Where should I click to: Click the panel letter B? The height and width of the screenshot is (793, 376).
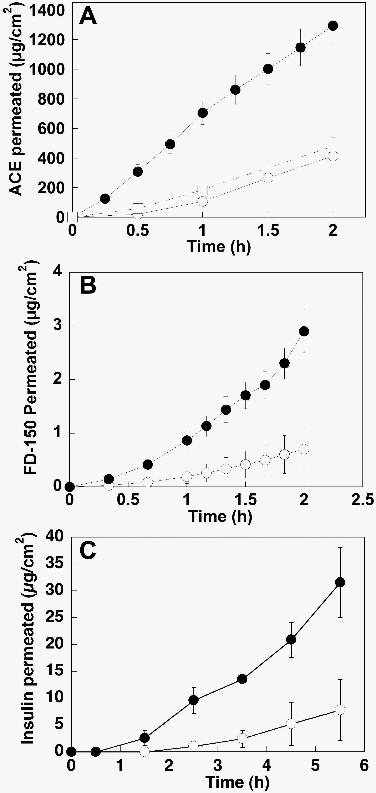point(88,286)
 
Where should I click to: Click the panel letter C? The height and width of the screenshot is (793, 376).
point(88,551)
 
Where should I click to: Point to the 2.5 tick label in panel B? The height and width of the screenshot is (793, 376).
point(362,500)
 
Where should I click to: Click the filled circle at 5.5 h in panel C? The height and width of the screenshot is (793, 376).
point(340,582)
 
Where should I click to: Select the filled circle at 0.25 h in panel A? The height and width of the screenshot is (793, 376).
point(105,199)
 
